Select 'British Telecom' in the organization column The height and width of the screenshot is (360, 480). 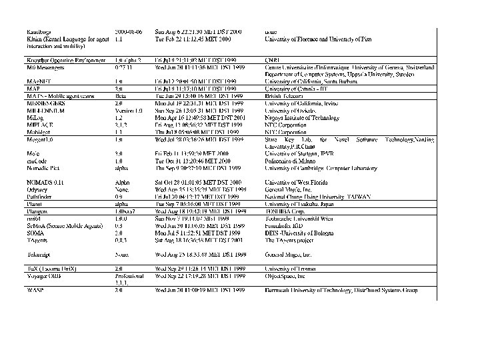[283, 95]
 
